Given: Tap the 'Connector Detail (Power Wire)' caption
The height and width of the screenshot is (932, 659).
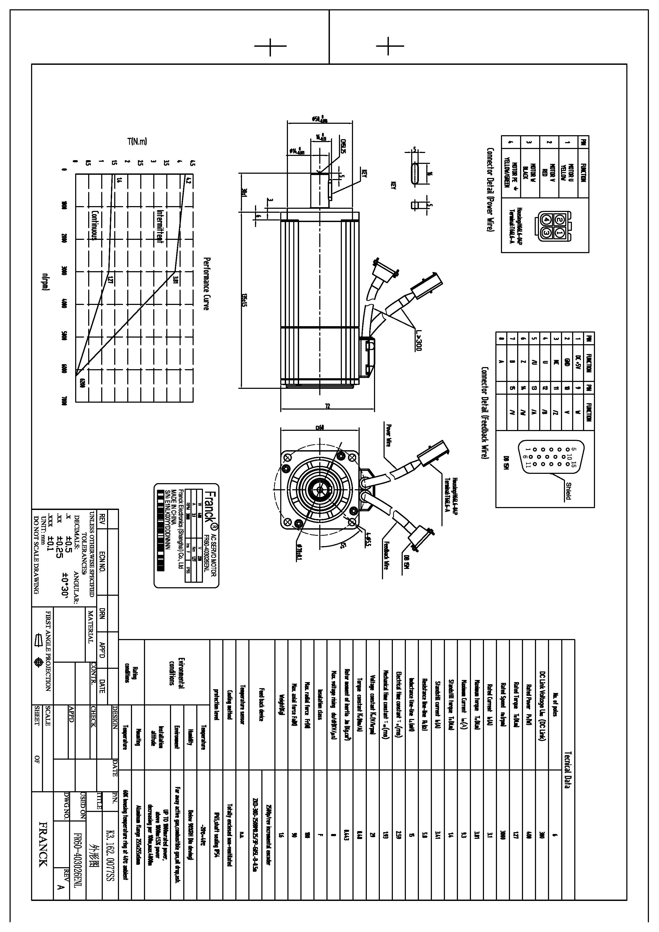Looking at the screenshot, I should (x=490, y=190).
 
